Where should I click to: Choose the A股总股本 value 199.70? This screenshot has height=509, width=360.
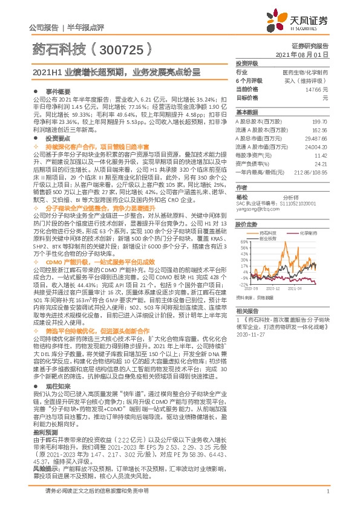point(319,121)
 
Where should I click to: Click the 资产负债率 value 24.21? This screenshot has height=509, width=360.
point(321,163)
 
